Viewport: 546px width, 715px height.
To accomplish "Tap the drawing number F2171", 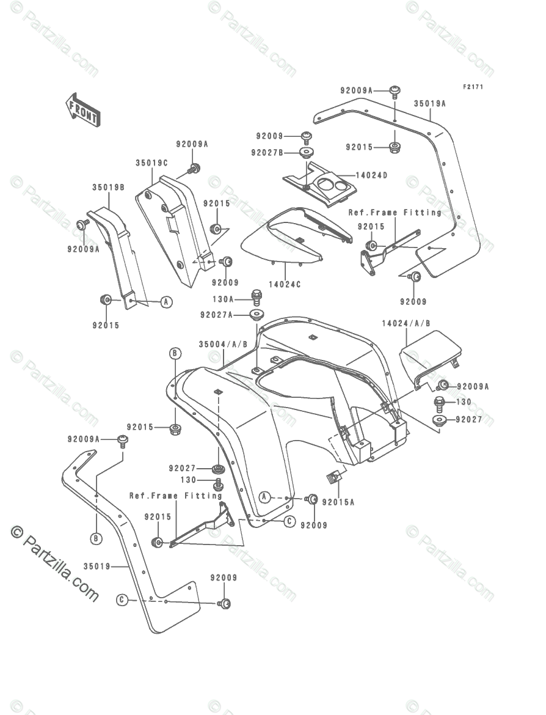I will (x=473, y=87).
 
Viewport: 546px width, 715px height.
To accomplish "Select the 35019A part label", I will (x=430, y=104).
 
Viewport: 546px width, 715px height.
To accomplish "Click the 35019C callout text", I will (x=151, y=163).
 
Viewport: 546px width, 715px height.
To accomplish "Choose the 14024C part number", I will (x=285, y=285).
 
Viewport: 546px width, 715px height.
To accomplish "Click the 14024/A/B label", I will (x=406, y=323).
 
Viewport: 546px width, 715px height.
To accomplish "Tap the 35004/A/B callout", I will (x=223, y=345).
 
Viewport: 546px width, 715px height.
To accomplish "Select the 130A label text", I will (x=223, y=299).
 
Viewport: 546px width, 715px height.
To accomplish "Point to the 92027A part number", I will (x=217, y=315).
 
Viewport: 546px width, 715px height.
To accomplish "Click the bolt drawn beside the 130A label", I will (x=257, y=298).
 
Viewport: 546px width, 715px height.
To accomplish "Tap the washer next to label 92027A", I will (x=256, y=315).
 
